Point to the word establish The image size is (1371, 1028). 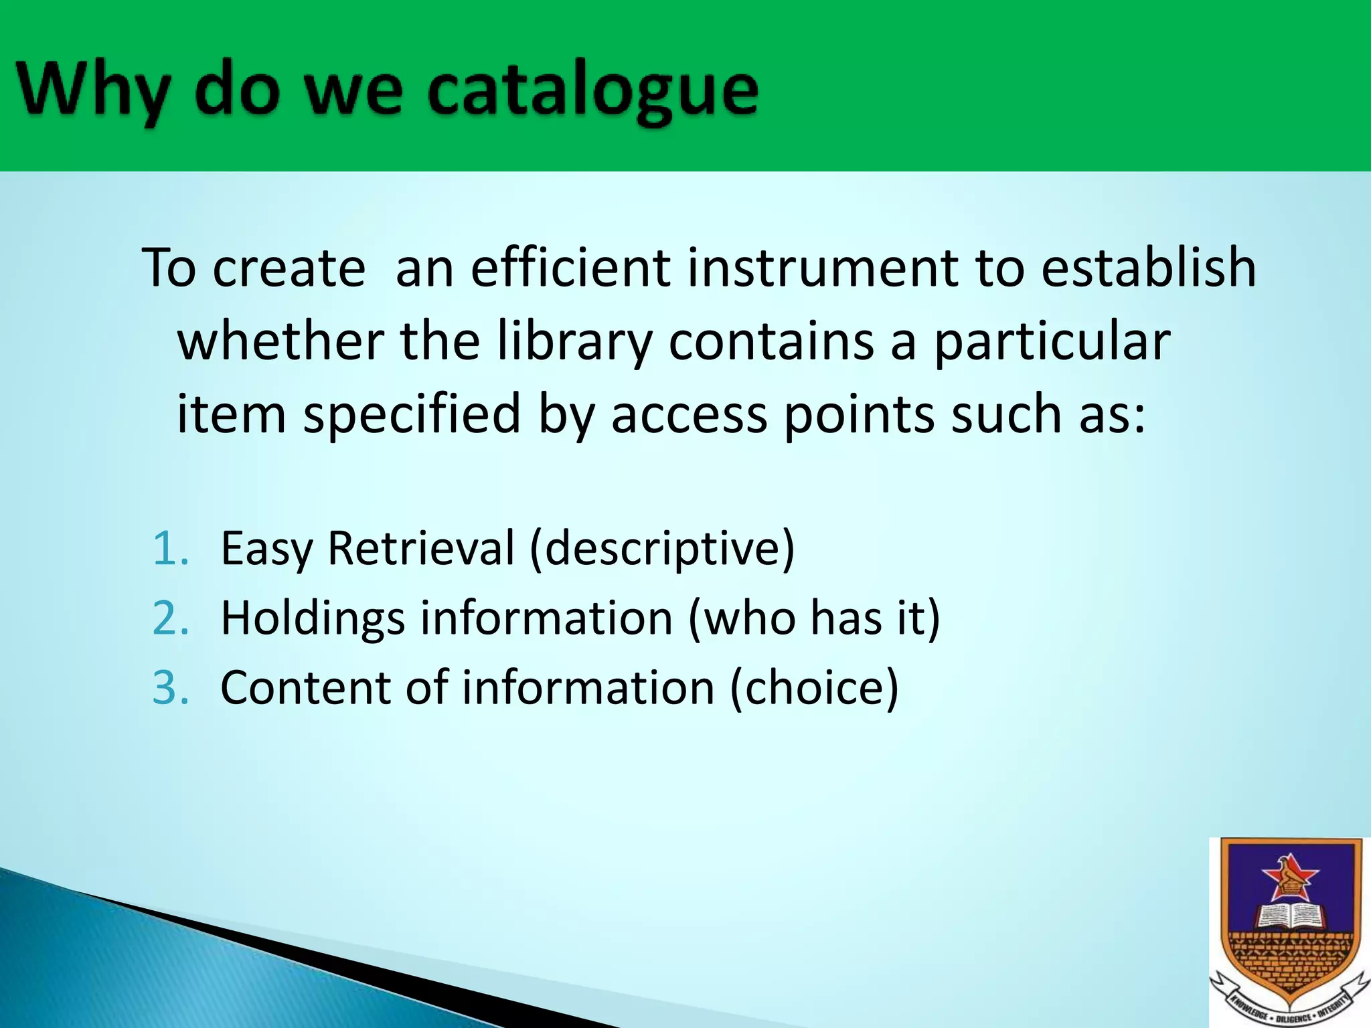[x=1149, y=268]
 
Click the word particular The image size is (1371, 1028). [x=1051, y=341]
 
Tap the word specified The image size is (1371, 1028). [x=412, y=414]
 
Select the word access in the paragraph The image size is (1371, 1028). [x=689, y=414]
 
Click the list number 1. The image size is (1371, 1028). [x=170, y=548]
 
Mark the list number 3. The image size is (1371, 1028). [x=170, y=687]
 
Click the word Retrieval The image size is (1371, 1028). [x=421, y=548]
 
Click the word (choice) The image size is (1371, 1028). [x=813, y=687]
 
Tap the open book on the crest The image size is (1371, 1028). [x=1289, y=917]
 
